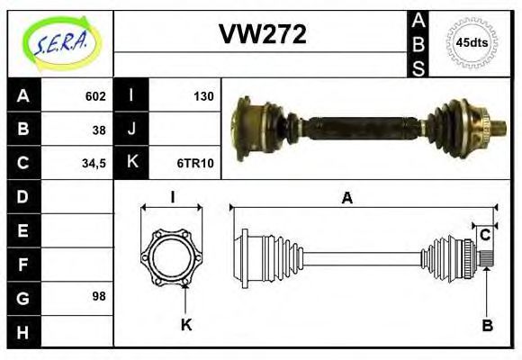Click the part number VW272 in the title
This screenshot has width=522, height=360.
pos(263,34)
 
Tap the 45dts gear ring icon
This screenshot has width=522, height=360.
pos(472,41)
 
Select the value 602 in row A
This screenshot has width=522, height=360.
pos(95,96)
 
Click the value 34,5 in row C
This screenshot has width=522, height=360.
pos(93,164)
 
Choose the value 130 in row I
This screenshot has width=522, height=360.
pos(203,96)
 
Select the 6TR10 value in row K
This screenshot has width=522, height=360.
pos(194,164)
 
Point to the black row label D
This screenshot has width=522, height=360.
pos(22,196)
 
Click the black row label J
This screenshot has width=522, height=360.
pos(131,130)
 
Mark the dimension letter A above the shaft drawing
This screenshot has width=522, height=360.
pos(346,199)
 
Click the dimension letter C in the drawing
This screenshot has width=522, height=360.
pos(484,235)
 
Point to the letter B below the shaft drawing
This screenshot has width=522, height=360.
pos(486,325)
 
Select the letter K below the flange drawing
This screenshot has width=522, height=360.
pos(186,325)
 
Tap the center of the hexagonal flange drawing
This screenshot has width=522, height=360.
pos(171,256)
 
